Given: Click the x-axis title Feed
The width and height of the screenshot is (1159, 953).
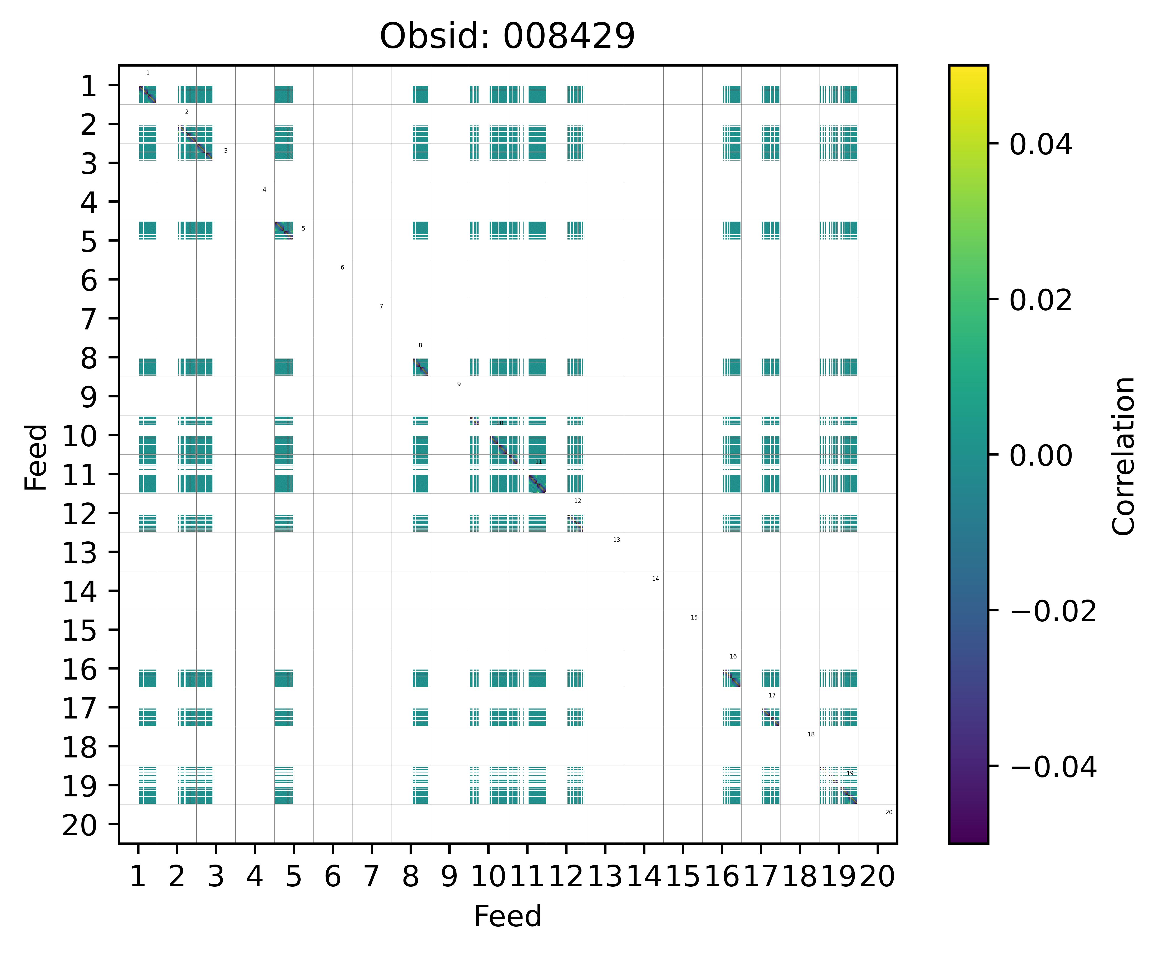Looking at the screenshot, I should [507, 916].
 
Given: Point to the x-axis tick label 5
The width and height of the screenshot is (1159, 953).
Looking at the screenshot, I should [294, 877].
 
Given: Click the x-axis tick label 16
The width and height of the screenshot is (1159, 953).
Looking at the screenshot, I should [722, 877].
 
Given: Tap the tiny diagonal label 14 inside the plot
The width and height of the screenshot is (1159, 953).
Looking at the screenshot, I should [655, 578].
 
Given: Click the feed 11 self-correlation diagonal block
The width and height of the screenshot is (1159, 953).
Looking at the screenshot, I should [537, 484].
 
